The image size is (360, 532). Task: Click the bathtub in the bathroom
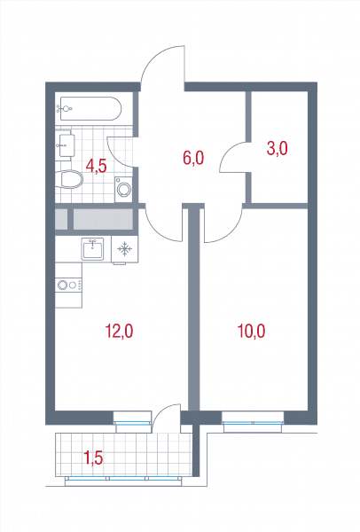point(90,108)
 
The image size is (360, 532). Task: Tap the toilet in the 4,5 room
point(69,179)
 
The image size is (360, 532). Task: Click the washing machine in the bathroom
point(123,190)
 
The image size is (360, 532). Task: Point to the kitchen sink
point(92,248)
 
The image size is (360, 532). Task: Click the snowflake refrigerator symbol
point(124,249)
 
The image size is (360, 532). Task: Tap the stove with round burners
point(68,285)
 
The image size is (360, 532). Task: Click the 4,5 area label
point(97,167)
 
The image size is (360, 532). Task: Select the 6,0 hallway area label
point(193,158)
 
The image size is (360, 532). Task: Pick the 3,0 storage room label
point(278,149)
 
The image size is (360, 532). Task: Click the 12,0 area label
point(119,331)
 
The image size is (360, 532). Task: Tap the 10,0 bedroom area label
point(251,331)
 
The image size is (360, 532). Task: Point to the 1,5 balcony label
point(93,458)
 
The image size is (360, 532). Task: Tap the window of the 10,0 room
point(253,422)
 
